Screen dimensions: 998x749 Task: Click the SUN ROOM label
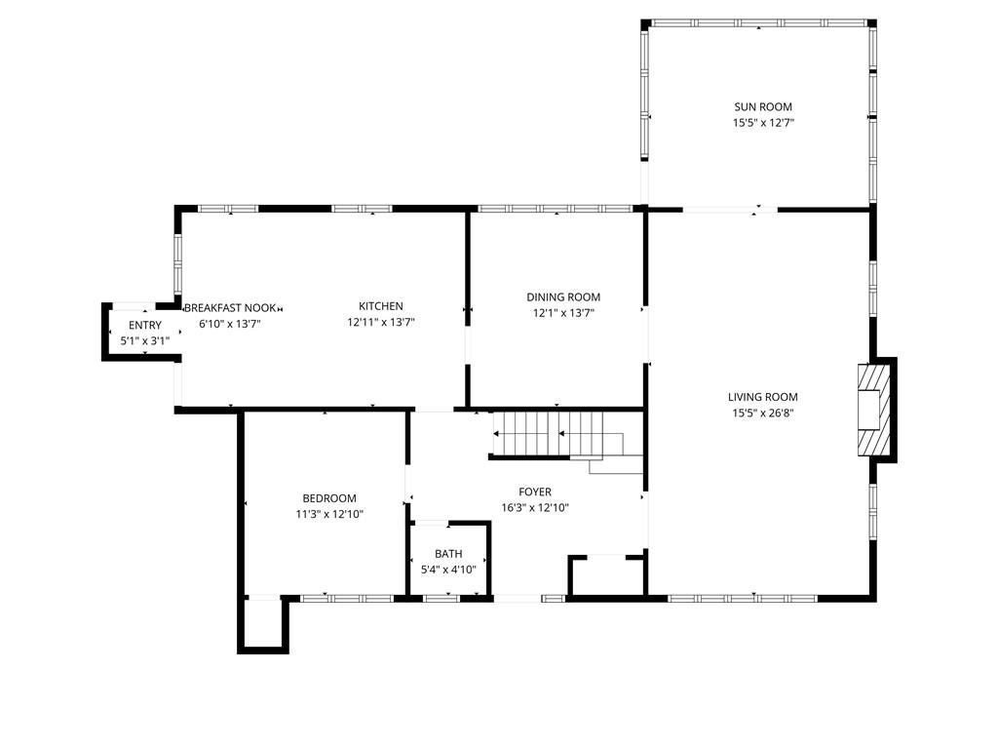click(x=763, y=107)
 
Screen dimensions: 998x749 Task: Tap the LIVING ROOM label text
click(x=762, y=397)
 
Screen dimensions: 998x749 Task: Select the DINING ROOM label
click(x=563, y=296)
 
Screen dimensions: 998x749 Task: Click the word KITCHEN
click(x=381, y=306)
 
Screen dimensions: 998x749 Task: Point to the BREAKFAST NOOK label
click(x=230, y=308)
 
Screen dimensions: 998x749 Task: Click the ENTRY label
click(x=145, y=326)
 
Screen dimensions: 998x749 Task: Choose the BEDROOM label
click(x=329, y=498)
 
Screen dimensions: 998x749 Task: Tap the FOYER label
click(x=535, y=492)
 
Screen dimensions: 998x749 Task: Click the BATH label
click(x=448, y=554)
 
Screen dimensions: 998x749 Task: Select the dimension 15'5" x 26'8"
click(x=762, y=413)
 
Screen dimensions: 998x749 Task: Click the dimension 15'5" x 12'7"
click(x=763, y=123)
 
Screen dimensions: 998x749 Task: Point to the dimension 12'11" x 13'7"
click(x=381, y=322)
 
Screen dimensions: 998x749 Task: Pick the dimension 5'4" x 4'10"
click(x=448, y=570)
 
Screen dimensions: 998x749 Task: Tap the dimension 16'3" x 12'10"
click(x=535, y=507)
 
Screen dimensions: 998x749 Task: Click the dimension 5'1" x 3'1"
click(x=145, y=340)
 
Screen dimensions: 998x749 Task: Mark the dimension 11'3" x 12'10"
click(x=329, y=514)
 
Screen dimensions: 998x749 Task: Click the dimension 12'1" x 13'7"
click(x=563, y=313)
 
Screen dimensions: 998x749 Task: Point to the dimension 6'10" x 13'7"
click(x=230, y=324)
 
